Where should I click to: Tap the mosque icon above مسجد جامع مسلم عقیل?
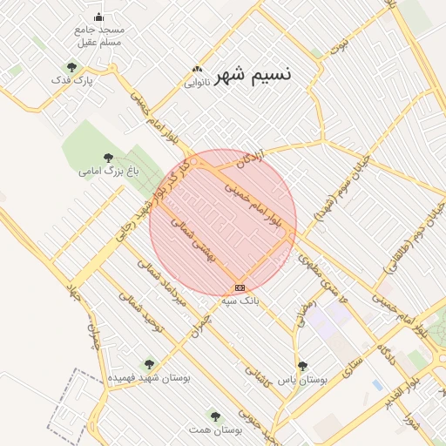98,17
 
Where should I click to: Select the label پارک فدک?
72,80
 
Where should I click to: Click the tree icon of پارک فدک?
71,67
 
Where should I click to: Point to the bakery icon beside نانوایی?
198,70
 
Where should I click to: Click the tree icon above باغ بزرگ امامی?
108,159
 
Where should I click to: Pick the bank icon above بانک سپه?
240,287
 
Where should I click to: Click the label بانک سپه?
240,301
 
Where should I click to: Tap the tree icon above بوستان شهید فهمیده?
149,364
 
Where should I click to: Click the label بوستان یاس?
302,380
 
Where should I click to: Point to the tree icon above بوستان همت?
215,416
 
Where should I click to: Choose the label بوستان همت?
215,430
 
